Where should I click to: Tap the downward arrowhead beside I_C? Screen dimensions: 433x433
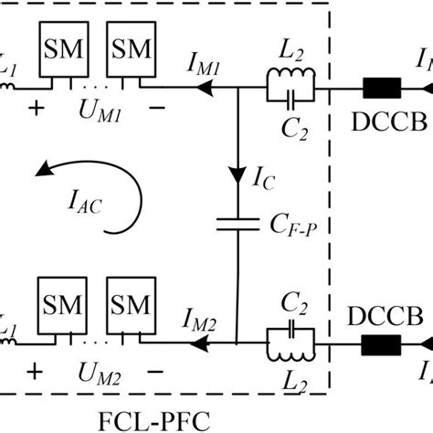point(237,174)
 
